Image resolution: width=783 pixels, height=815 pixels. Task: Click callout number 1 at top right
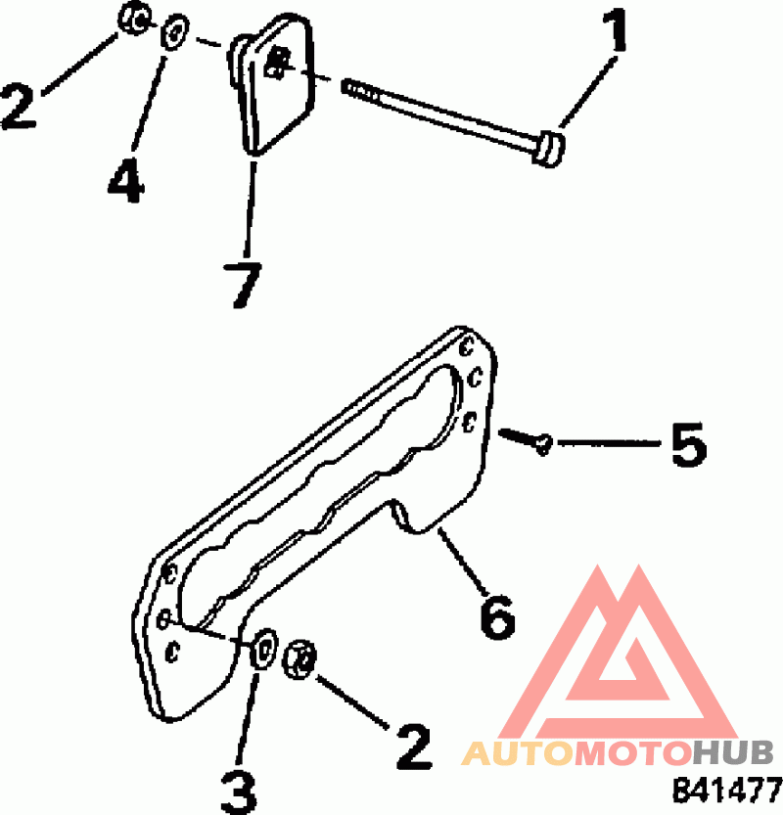tap(615, 35)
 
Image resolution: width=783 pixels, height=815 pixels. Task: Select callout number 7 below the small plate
tap(241, 284)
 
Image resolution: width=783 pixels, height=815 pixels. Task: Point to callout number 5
tap(685, 445)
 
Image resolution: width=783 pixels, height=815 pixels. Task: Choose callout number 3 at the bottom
tap(237, 789)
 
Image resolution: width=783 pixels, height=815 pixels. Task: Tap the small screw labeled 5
tap(527, 438)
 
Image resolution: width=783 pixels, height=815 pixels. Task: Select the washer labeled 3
tap(263, 651)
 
